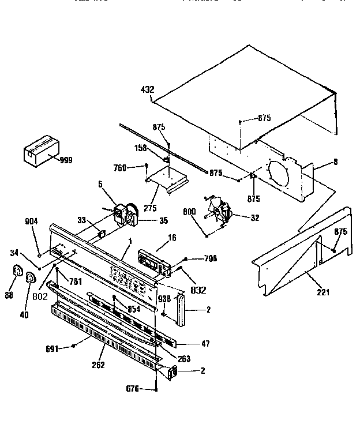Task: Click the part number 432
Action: coord(148,89)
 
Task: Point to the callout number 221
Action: coord(322,292)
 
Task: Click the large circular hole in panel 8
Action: coord(282,177)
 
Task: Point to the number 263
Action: coord(183,358)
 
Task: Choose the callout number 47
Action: coord(206,343)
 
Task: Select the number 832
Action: coord(198,290)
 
